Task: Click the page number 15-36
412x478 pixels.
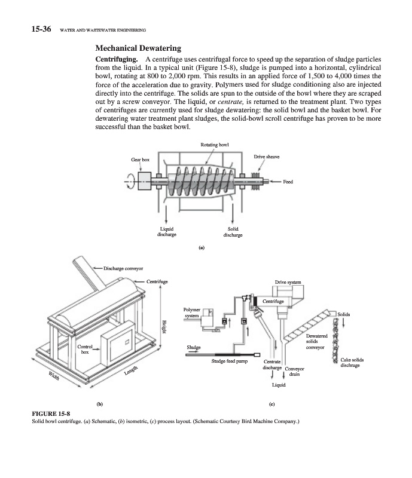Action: (41, 29)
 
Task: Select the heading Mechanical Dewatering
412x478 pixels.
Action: (138, 48)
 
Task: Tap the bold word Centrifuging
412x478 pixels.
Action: (117, 59)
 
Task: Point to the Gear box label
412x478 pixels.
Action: (140, 160)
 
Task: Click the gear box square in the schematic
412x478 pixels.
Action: (144, 181)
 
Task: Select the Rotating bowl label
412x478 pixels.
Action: (215, 145)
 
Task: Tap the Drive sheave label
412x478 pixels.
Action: (267, 157)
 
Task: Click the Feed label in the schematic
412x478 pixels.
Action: (288, 182)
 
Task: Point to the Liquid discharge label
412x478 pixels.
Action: (167, 232)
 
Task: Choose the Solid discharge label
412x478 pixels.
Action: (233, 232)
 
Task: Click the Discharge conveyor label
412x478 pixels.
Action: (123, 268)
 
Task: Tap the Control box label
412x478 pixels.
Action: (85, 350)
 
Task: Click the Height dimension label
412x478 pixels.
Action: (164, 326)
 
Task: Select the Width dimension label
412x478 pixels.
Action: (54, 376)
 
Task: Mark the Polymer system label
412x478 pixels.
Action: (192, 312)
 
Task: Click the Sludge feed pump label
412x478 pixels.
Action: (230, 361)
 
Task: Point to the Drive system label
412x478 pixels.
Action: (288, 282)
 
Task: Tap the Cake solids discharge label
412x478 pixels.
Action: (352, 363)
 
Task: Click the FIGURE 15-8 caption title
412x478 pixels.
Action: (51, 413)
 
